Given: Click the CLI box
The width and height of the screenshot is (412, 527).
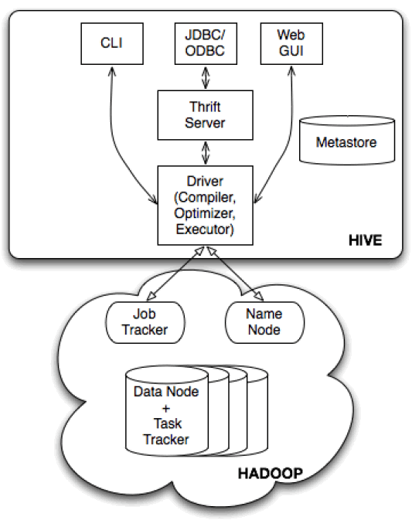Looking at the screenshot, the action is pyautogui.click(x=112, y=44).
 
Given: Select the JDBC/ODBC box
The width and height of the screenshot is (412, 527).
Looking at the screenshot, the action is pyautogui.click(x=206, y=44).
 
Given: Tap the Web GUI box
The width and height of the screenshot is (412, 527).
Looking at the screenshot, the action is pyautogui.click(x=291, y=44).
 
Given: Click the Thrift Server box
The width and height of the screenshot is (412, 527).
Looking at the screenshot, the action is pyautogui.click(x=205, y=115).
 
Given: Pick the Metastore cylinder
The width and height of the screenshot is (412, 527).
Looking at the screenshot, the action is pyautogui.click(x=347, y=140).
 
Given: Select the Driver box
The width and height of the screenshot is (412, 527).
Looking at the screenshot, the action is pyautogui.click(x=205, y=206).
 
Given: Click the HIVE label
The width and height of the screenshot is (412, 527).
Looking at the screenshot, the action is pyautogui.click(x=366, y=240).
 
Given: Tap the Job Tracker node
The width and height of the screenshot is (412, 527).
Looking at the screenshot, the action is pyautogui.click(x=145, y=322).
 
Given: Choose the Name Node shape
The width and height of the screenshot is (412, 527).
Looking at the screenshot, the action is pyautogui.click(x=264, y=322).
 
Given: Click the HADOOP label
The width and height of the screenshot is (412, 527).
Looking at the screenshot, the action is pyautogui.click(x=271, y=474).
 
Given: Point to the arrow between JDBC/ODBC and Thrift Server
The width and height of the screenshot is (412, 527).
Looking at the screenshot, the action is pyautogui.click(x=206, y=77).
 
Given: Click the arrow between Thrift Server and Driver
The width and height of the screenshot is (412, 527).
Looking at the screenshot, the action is pyautogui.click(x=206, y=153).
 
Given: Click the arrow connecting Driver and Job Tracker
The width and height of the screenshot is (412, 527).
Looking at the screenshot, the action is pyautogui.click(x=175, y=274).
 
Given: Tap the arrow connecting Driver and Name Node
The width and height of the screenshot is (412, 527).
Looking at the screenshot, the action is pyautogui.click(x=235, y=274).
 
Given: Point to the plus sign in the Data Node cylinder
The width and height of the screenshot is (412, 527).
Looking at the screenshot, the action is pyautogui.click(x=166, y=408).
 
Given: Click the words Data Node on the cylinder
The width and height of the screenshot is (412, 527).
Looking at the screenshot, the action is pyautogui.click(x=166, y=392).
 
